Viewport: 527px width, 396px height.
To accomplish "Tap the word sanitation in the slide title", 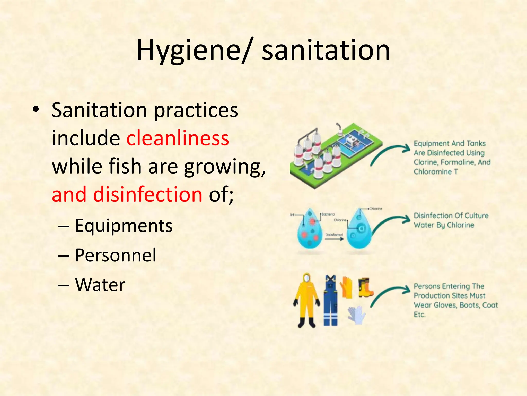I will click(326, 50).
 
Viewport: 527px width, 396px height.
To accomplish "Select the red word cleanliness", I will click(178, 138).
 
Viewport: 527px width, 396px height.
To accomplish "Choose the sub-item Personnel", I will click(116, 255).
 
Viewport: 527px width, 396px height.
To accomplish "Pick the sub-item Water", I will click(100, 285).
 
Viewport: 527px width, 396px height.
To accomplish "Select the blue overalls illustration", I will click(331, 300).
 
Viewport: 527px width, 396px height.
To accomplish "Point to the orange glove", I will click(346, 287).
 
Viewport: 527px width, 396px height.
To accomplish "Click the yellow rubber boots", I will click(365, 287).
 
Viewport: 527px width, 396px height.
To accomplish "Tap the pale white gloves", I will click(356, 315).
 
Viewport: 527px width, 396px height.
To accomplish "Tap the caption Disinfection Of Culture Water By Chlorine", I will click(451, 220).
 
